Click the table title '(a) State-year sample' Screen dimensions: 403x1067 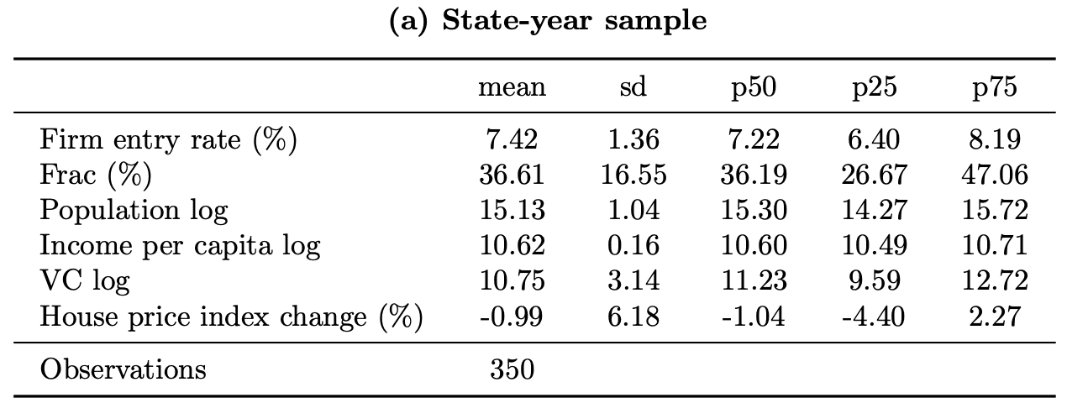click(x=547, y=21)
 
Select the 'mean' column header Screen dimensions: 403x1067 click(x=512, y=88)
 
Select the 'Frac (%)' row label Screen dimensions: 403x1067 click(x=95, y=175)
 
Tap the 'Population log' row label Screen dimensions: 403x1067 click(x=134, y=210)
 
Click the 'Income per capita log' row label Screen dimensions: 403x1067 click(x=180, y=246)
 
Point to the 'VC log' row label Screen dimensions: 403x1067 click(x=85, y=281)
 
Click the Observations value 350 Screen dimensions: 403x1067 click(x=512, y=369)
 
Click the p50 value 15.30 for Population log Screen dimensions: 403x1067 click(x=753, y=210)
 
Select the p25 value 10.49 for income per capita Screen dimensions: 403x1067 click(x=874, y=246)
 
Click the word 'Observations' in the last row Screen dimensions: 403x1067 click(x=123, y=369)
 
